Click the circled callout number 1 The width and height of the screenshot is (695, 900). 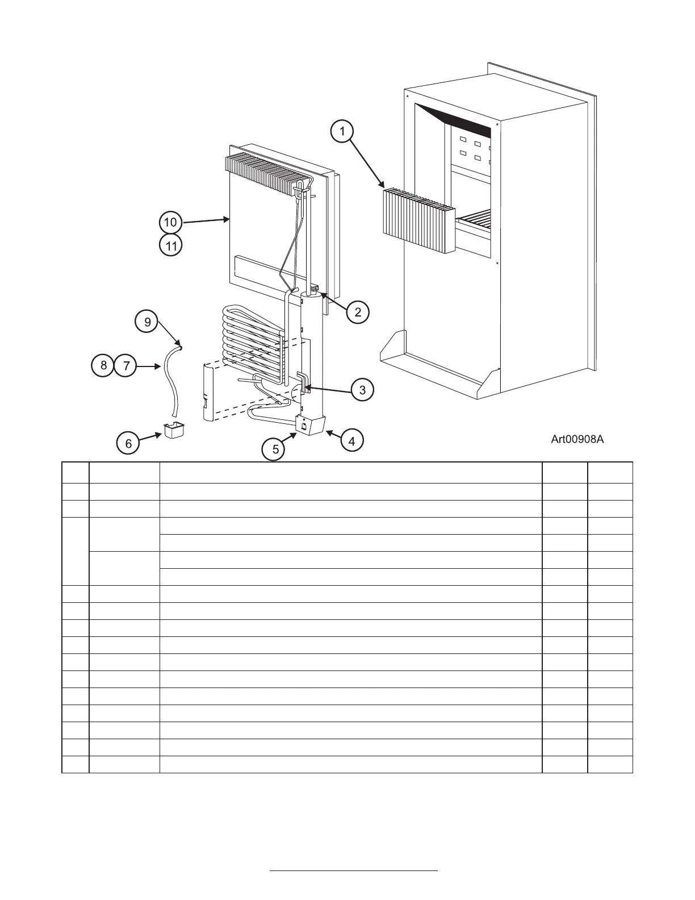(342, 132)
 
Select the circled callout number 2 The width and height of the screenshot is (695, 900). (358, 311)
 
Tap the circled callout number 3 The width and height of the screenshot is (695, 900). (362, 389)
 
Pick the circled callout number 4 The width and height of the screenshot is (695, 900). (352, 440)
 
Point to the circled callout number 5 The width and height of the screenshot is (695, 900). (275, 449)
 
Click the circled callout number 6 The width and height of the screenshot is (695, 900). (128, 443)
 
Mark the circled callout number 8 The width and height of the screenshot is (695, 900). (103, 365)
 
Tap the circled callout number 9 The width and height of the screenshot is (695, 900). (148, 322)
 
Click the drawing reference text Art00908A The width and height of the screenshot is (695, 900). (577, 439)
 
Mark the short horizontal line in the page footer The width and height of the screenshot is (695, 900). (353, 870)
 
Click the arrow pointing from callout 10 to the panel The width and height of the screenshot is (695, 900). (204, 220)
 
